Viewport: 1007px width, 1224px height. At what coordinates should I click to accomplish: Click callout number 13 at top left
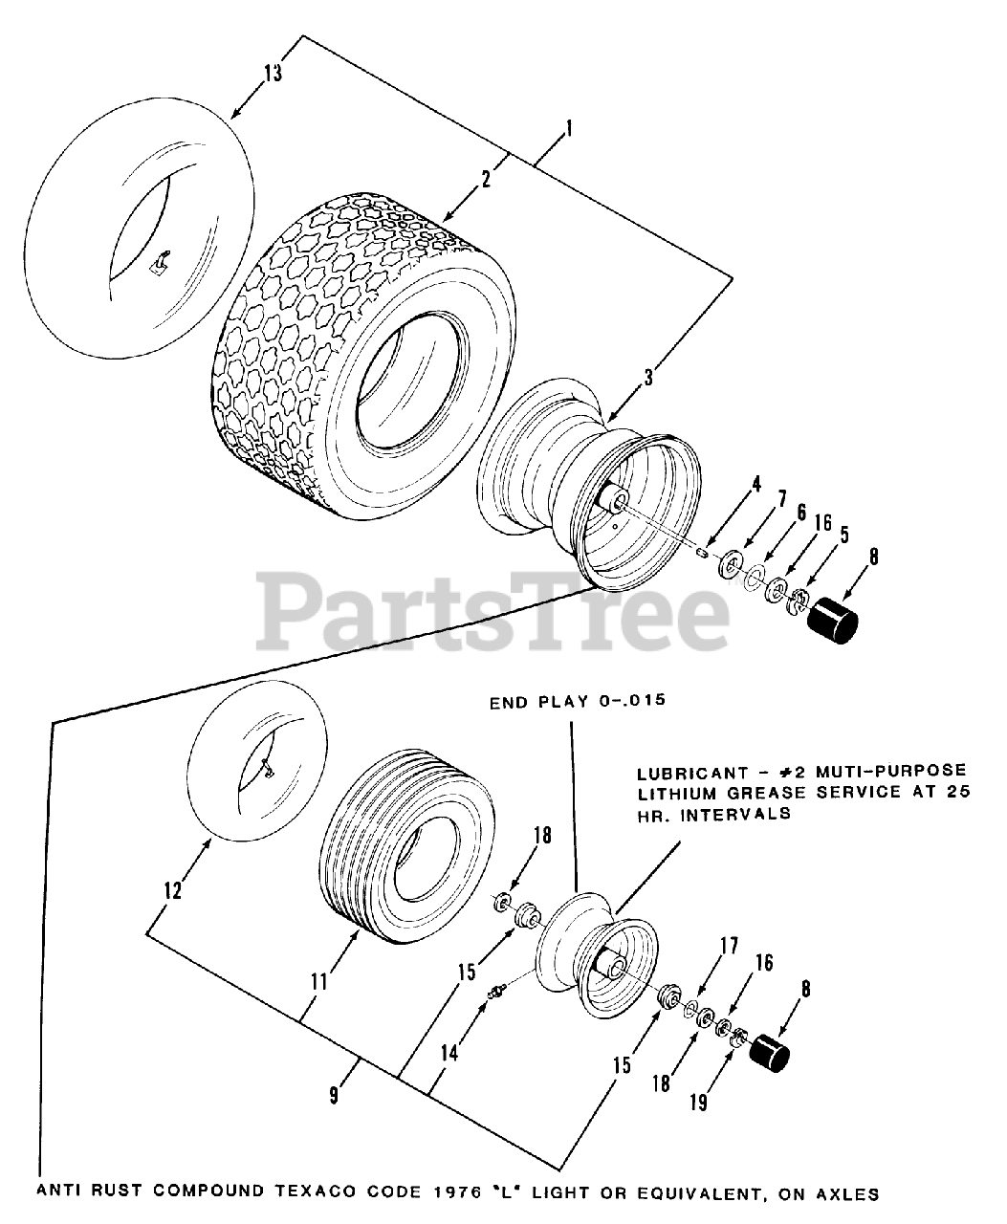coord(274,74)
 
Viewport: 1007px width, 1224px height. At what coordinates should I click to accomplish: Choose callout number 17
coord(729,947)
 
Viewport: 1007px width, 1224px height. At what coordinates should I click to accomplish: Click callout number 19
coord(698,1103)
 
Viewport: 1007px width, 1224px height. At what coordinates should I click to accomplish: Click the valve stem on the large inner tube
coord(161,260)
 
